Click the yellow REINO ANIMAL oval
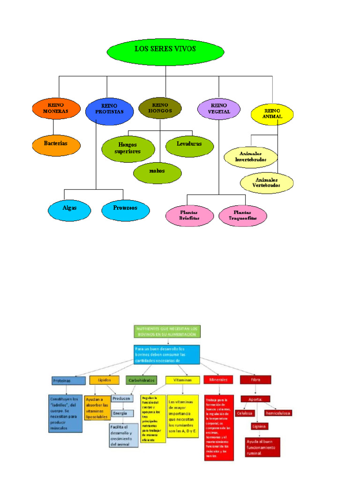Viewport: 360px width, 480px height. click(272, 113)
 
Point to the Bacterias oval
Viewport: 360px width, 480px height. click(56, 143)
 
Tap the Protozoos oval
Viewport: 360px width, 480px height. click(125, 208)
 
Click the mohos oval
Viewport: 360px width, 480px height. click(157, 171)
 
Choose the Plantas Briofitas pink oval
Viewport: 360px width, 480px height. click(189, 216)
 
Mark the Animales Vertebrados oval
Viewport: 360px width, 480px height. click(267, 183)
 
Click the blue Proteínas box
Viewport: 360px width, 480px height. click(68, 381)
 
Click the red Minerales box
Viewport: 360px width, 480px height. click(219, 380)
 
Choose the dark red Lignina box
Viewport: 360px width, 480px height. click(259, 427)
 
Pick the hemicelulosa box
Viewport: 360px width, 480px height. click(277, 413)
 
